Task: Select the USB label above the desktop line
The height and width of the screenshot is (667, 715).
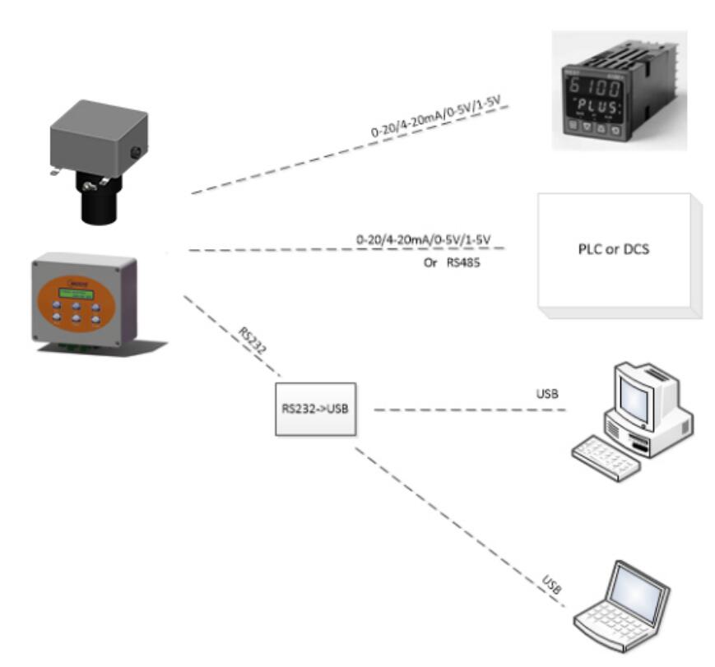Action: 547,394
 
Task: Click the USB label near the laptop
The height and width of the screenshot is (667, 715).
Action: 552,586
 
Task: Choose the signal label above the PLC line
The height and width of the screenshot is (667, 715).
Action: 423,239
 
